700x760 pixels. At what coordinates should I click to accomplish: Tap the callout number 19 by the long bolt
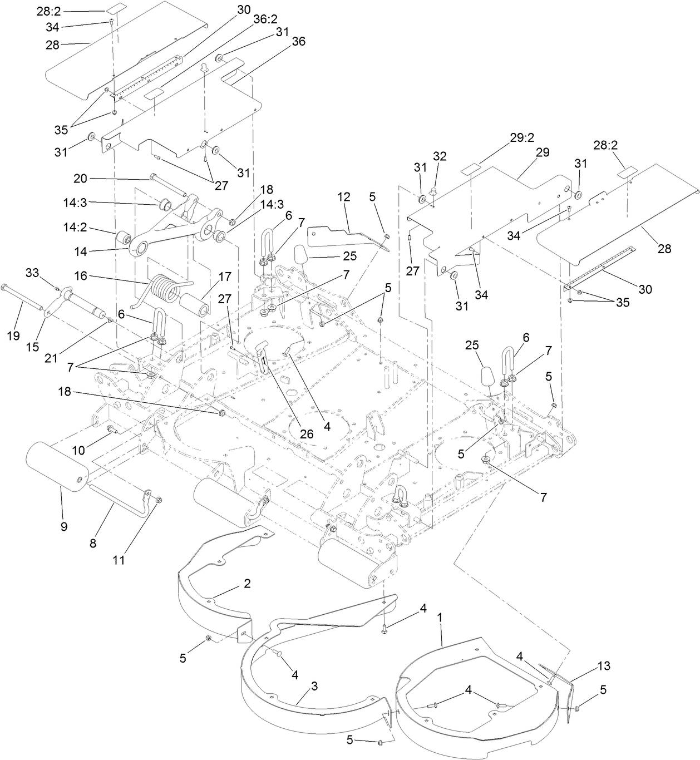tap(13, 335)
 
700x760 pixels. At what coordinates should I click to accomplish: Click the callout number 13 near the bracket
tap(604, 666)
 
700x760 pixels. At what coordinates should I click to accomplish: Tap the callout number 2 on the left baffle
tap(247, 584)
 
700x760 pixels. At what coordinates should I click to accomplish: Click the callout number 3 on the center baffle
tap(314, 686)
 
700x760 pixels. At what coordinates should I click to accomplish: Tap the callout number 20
tap(81, 178)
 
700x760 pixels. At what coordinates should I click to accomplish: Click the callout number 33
tap(32, 273)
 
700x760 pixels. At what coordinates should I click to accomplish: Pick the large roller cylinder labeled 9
tap(56, 465)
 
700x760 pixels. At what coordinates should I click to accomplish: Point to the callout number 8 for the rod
tap(93, 543)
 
